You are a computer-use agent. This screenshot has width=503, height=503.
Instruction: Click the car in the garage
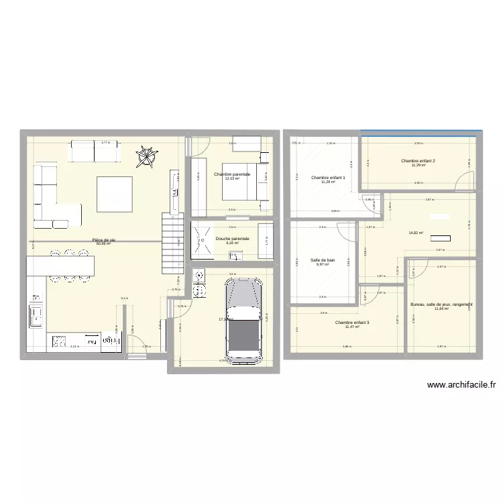click(x=243, y=319)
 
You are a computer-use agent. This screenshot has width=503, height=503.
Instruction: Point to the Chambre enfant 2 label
click(x=418, y=161)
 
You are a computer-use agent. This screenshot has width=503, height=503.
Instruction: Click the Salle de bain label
click(x=323, y=260)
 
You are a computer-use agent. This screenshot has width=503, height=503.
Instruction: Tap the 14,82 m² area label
click(x=416, y=233)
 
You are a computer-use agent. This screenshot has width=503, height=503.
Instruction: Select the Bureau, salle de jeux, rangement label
click(x=442, y=304)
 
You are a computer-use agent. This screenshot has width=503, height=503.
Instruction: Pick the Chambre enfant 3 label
click(x=352, y=323)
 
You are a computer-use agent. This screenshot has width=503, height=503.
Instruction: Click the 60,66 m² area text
click(x=103, y=244)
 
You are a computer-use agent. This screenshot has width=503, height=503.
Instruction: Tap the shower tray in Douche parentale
click(x=203, y=240)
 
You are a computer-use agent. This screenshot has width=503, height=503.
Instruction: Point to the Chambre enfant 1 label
click(x=328, y=178)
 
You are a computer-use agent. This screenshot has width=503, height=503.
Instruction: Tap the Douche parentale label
click(x=232, y=238)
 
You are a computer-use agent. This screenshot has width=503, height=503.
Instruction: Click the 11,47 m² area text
click(x=352, y=327)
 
